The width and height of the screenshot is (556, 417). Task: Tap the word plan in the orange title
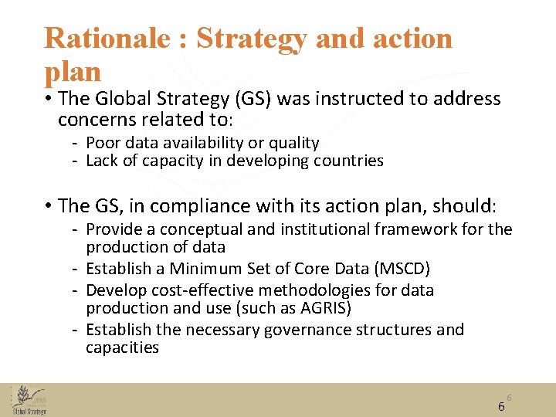point(73,72)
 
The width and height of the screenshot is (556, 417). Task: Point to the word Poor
point(103,143)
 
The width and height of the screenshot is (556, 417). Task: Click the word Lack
point(103,161)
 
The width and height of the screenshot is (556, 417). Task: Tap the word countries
point(349,161)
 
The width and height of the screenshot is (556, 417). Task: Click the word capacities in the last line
point(122,347)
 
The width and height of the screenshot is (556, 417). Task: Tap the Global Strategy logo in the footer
point(29,399)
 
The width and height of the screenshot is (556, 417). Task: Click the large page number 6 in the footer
point(501,407)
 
